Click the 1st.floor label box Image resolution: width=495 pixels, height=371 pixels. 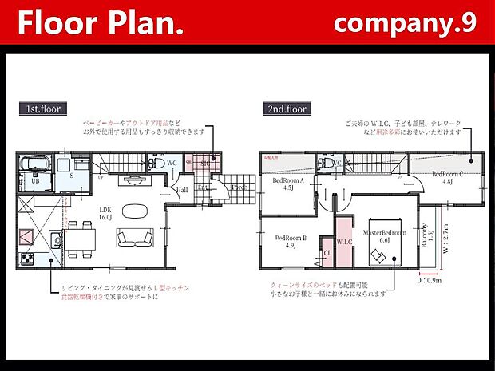point(42,108)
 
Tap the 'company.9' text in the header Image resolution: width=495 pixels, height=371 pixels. point(405,22)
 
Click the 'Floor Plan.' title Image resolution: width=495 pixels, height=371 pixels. point(101,23)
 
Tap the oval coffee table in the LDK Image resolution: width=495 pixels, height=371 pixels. point(132,211)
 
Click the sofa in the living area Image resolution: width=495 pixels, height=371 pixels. point(132,239)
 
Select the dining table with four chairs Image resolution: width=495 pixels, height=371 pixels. point(78,239)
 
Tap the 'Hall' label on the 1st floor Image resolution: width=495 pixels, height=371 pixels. point(183,190)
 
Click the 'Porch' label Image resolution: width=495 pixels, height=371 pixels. point(239,187)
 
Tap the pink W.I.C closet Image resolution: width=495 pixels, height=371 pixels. point(344,243)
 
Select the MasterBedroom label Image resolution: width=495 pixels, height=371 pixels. point(384,235)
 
